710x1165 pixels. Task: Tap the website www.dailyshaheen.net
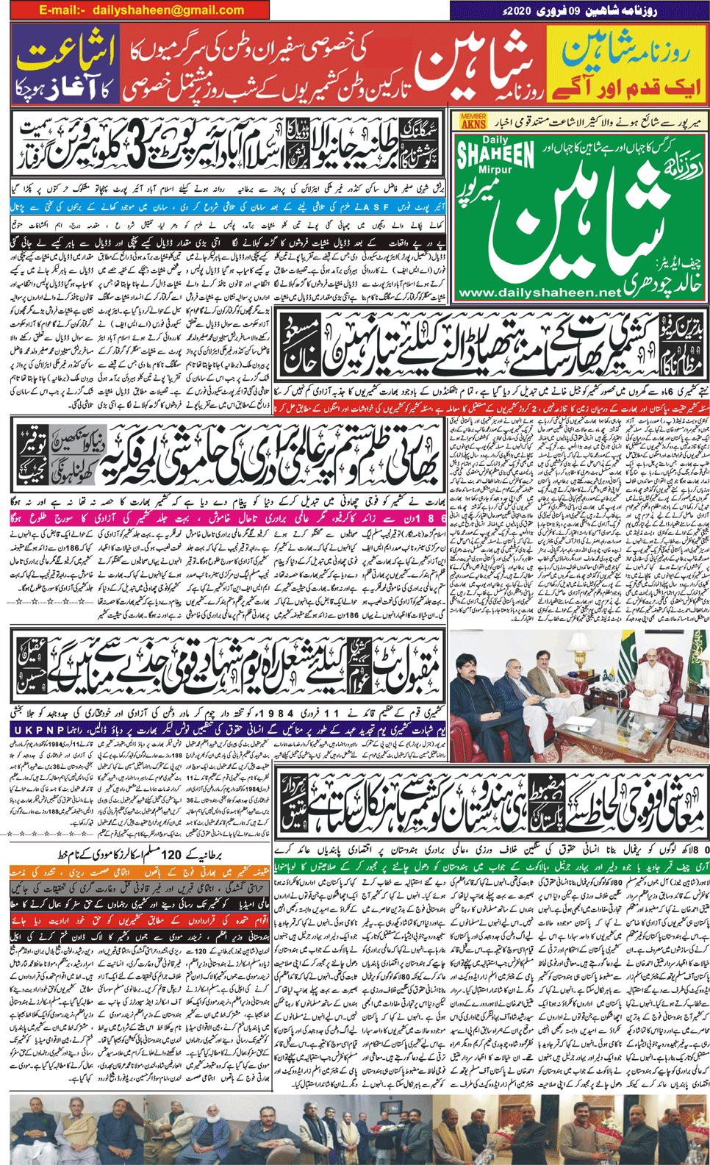click(538, 293)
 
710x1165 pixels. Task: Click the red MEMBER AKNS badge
click(473, 121)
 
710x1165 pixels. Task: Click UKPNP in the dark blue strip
click(38, 730)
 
